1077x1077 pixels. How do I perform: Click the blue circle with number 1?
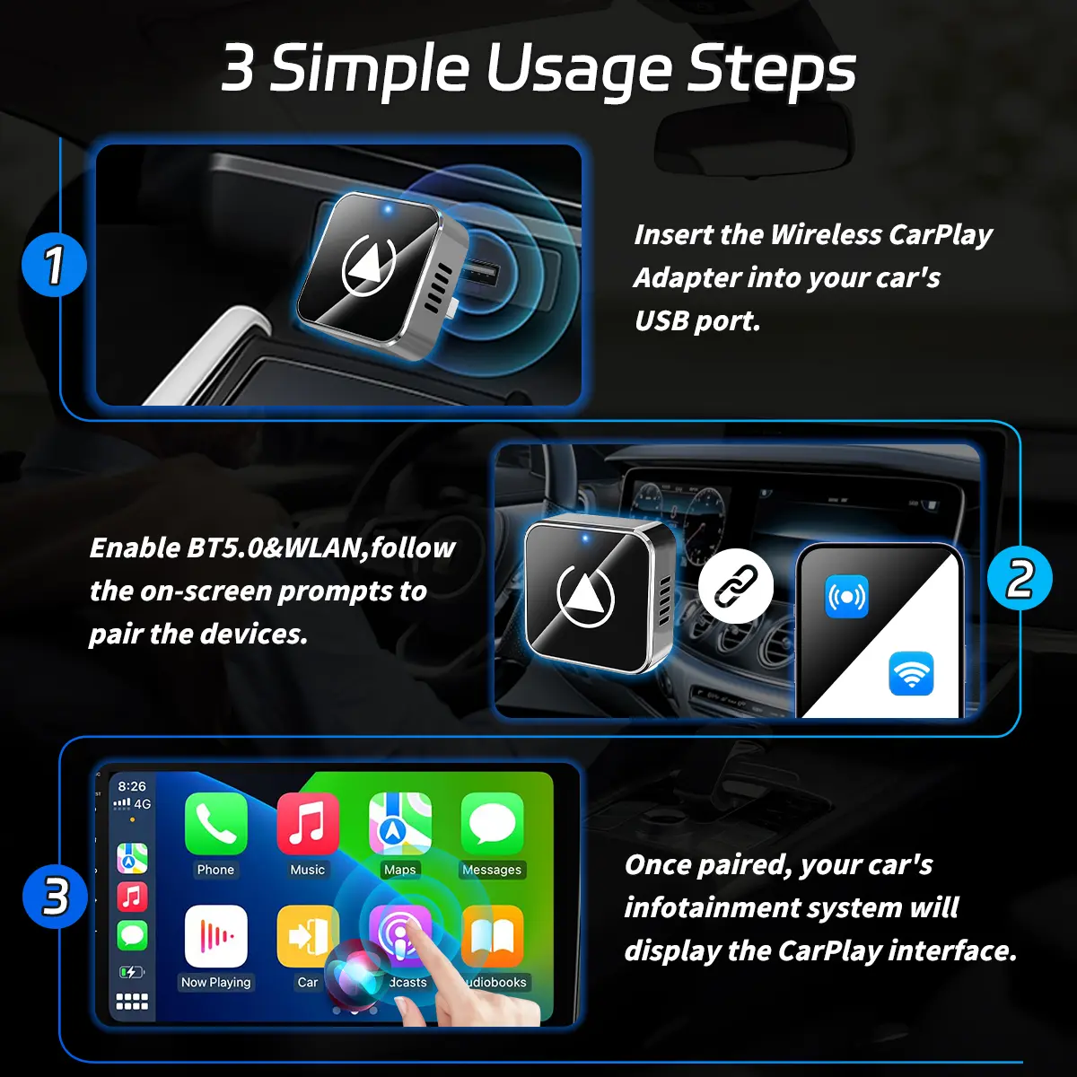pyautogui.click(x=54, y=264)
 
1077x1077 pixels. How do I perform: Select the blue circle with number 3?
pyautogui.click(x=55, y=897)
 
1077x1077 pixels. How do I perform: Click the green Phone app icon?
pyautogui.click(x=215, y=824)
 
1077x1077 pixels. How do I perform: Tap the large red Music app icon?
pyautogui.click(x=308, y=824)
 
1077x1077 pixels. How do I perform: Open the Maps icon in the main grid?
pyautogui.click(x=400, y=824)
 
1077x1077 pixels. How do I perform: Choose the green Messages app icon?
pyautogui.click(x=493, y=824)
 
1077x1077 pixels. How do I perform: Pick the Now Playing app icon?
pyautogui.click(x=215, y=937)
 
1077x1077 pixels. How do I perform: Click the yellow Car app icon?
pyautogui.click(x=307, y=937)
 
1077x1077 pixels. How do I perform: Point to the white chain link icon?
pyautogui.click(x=736, y=586)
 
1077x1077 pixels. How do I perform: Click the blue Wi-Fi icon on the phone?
pyautogui.click(x=910, y=673)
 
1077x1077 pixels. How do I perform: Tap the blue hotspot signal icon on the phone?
pyautogui.click(x=846, y=597)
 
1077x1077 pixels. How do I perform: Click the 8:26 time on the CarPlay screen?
pyautogui.click(x=132, y=786)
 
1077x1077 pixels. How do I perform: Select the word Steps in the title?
pyautogui.click(x=771, y=70)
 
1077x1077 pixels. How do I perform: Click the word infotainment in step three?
pyautogui.click(x=764, y=907)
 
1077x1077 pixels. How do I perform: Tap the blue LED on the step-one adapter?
pyautogui.click(x=388, y=210)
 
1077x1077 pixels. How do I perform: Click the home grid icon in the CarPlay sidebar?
pyautogui.click(x=132, y=1002)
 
